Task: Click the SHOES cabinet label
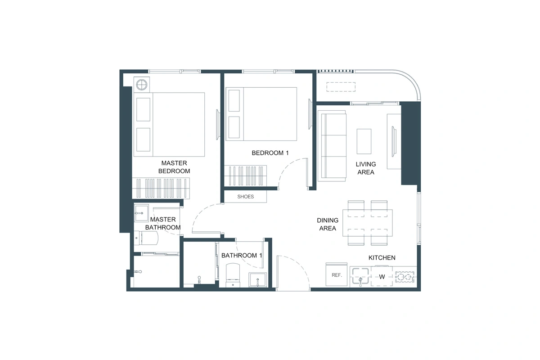pos(245,197)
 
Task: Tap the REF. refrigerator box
pos(337,275)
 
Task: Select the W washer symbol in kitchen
pos(382,277)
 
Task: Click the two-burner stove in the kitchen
pos(405,277)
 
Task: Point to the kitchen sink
pos(360,276)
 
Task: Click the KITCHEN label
pos(382,257)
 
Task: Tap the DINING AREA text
pos(328,224)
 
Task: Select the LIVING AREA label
pos(366,168)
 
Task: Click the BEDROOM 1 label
pos(270,153)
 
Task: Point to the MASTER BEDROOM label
pos(174,167)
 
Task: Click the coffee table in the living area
pos(364,141)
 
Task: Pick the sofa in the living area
pos(332,146)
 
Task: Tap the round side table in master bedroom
pos(141,85)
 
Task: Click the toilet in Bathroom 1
pos(233,275)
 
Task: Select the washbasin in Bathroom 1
pos(258,280)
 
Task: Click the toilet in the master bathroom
pos(146,238)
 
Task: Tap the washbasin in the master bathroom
pos(141,213)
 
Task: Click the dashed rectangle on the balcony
pos(341,87)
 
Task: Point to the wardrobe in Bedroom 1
pos(245,176)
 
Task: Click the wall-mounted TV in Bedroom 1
pos(310,114)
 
